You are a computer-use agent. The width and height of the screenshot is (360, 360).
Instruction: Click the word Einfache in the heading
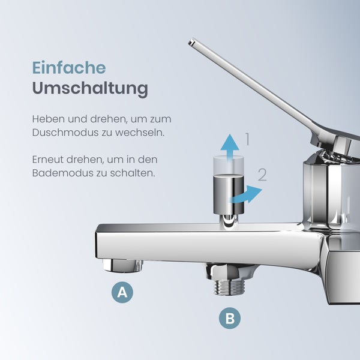[x=69, y=68]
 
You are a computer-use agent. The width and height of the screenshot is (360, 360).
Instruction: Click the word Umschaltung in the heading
[x=90, y=88]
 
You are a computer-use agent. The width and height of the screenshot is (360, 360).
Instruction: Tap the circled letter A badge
[x=122, y=292]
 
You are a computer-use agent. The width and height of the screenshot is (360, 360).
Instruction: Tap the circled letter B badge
[x=230, y=318]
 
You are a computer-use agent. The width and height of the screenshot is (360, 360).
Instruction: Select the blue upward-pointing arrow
[x=230, y=148]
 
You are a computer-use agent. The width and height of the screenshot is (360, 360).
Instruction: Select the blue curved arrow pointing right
[x=246, y=194]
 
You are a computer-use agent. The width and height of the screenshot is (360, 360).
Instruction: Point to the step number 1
[x=247, y=139]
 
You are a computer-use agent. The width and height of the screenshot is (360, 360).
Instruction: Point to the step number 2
[x=262, y=175]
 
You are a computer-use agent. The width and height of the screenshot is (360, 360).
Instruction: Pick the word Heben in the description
[x=46, y=119]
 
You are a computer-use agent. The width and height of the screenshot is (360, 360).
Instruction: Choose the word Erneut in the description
[x=47, y=160]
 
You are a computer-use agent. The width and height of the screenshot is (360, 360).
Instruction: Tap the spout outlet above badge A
[x=123, y=265]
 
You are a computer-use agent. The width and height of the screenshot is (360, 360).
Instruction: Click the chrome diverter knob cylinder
[x=229, y=194]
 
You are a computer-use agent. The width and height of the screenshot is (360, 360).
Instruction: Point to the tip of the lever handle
[x=191, y=42]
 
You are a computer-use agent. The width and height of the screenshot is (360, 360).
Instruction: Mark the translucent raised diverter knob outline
[x=229, y=164]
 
